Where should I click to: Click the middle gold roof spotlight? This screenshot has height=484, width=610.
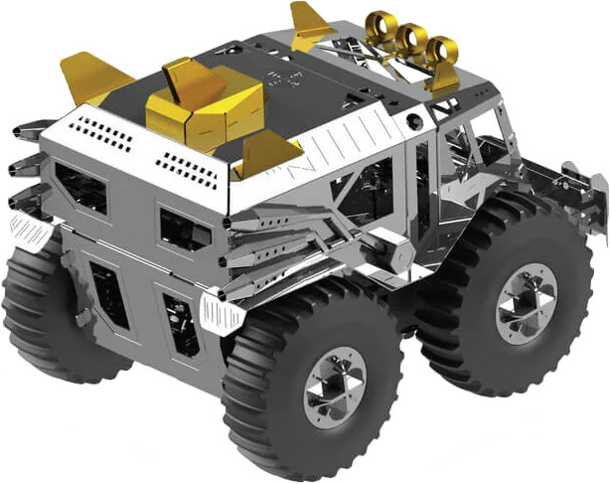click(410, 38)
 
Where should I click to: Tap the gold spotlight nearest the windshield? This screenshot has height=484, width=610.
click(441, 50)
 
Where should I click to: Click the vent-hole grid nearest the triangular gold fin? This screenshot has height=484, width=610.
click(186, 168)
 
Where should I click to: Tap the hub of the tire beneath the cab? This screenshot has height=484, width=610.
click(527, 303)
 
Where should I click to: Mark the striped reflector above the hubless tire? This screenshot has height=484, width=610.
click(32, 232)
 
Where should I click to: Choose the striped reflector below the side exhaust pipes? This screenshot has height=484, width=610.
click(222, 312)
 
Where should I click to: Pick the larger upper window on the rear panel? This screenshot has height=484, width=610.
click(81, 187)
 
